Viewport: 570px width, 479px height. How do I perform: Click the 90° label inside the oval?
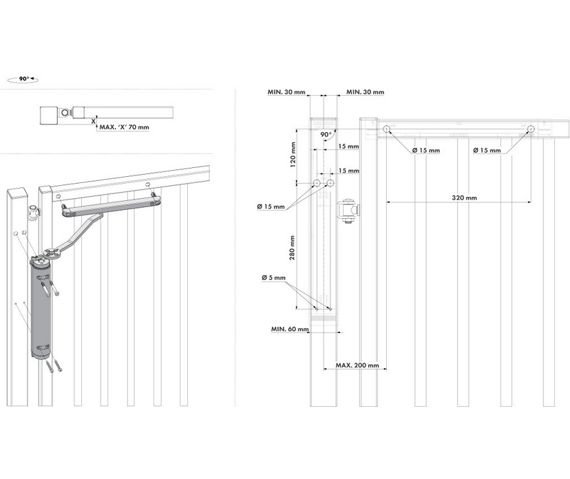click(23, 79)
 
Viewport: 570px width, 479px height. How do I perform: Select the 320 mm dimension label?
click(465, 198)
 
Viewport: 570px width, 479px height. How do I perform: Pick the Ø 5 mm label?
click(273, 277)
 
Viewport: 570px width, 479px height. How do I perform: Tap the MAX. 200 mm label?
click(357, 365)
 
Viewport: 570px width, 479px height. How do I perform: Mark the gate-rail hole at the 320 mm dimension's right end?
click(531, 129)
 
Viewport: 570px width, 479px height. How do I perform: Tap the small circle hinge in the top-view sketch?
click(65, 112)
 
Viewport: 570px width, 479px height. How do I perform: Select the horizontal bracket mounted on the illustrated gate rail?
click(110, 206)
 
